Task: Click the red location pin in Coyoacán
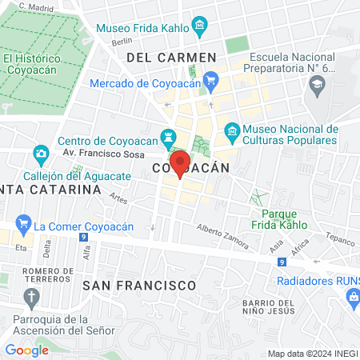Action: [x=179, y=162]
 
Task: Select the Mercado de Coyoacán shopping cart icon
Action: [x=210, y=80]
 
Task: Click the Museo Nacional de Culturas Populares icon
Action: [x=232, y=130]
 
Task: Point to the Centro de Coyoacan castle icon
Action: [x=168, y=137]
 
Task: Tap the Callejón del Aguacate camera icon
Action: [x=41, y=153]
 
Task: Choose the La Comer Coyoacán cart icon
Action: [x=23, y=226]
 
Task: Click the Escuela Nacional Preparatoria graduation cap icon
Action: [x=318, y=85]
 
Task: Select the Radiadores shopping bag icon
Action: [x=352, y=297]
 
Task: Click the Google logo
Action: [x=26, y=350]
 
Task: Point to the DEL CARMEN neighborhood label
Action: [x=171, y=58]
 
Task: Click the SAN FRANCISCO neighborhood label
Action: [x=139, y=285]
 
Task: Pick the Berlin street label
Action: [x=122, y=42]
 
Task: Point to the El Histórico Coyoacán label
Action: [x=32, y=63]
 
